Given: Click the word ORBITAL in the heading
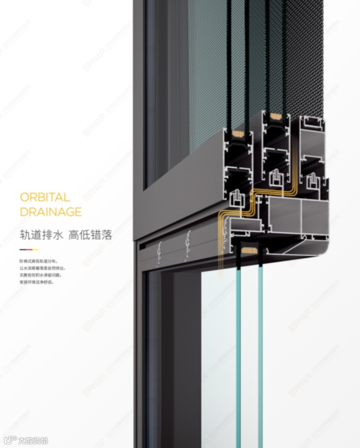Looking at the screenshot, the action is (x=45, y=197).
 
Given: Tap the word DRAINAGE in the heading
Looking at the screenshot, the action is (x=50, y=212).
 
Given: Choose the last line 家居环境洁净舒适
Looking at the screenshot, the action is (x=37, y=282).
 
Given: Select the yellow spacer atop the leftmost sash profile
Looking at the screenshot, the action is (x=235, y=134).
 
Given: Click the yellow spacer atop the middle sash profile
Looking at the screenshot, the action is (x=275, y=118).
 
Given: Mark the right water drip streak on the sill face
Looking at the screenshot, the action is (x=187, y=246).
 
